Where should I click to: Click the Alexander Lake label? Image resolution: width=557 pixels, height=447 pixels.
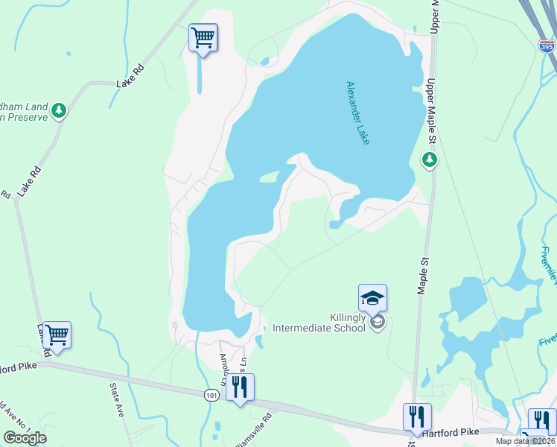[357, 113]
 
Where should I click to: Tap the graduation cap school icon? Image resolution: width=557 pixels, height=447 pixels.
[372, 299]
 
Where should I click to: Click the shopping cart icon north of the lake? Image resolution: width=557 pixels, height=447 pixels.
[203, 37]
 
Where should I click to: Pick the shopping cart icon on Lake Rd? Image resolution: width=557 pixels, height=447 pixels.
[57, 335]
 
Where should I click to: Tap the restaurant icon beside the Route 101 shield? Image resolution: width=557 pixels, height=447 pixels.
[240, 387]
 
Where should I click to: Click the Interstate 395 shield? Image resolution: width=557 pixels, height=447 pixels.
[546, 45]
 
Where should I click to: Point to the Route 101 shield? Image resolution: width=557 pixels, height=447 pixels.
[213, 396]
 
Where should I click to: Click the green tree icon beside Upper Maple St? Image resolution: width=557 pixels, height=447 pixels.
[429, 159]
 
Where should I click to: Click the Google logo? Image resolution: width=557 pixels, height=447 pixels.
[25, 438]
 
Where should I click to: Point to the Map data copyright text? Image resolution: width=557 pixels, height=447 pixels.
[526, 441]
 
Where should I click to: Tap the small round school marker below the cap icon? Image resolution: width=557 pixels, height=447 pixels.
[377, 322]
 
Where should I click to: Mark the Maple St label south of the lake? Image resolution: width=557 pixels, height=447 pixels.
[423, 273]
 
